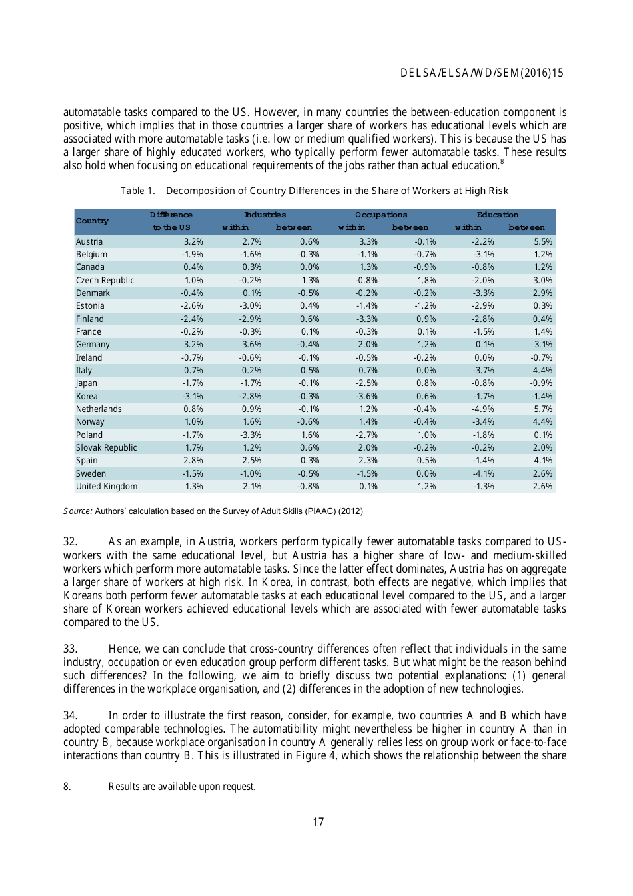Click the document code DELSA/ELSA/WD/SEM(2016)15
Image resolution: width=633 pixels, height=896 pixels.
tap(481, 73)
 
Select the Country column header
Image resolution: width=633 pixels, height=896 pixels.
tap(92, 221)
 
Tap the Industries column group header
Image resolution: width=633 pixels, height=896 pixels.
tap(265, 215)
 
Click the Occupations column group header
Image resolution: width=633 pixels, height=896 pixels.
tap(381, 215)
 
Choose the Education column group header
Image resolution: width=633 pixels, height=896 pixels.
tap(497, 215)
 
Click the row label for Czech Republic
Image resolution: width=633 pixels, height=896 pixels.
tap(105, 280)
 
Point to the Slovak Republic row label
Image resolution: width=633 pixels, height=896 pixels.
tap(106, 447)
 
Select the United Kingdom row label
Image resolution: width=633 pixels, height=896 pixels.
tap(107, 486)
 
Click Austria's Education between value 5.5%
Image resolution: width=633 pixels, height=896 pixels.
tap(542, 241)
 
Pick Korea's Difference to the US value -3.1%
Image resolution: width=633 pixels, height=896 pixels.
tap(193, 396)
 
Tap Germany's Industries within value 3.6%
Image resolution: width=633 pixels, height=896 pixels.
tap(251, 344)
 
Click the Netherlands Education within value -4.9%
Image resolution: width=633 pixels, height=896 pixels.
tap(484, 409)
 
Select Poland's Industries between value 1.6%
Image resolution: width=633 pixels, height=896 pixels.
tap(310, 435)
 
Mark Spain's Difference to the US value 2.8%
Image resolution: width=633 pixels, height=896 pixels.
tap(193, 460)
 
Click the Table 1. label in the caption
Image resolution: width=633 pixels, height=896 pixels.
tap(137, 191)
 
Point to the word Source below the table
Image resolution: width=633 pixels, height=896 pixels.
tap(77, 511)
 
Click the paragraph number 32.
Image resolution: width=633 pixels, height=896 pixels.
tap(70, 541)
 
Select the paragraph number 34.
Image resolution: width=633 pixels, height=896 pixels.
tap(70, 715)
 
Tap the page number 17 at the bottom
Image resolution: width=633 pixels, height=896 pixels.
tap(318, 822)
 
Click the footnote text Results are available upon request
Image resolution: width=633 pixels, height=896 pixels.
tap(182, 787)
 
